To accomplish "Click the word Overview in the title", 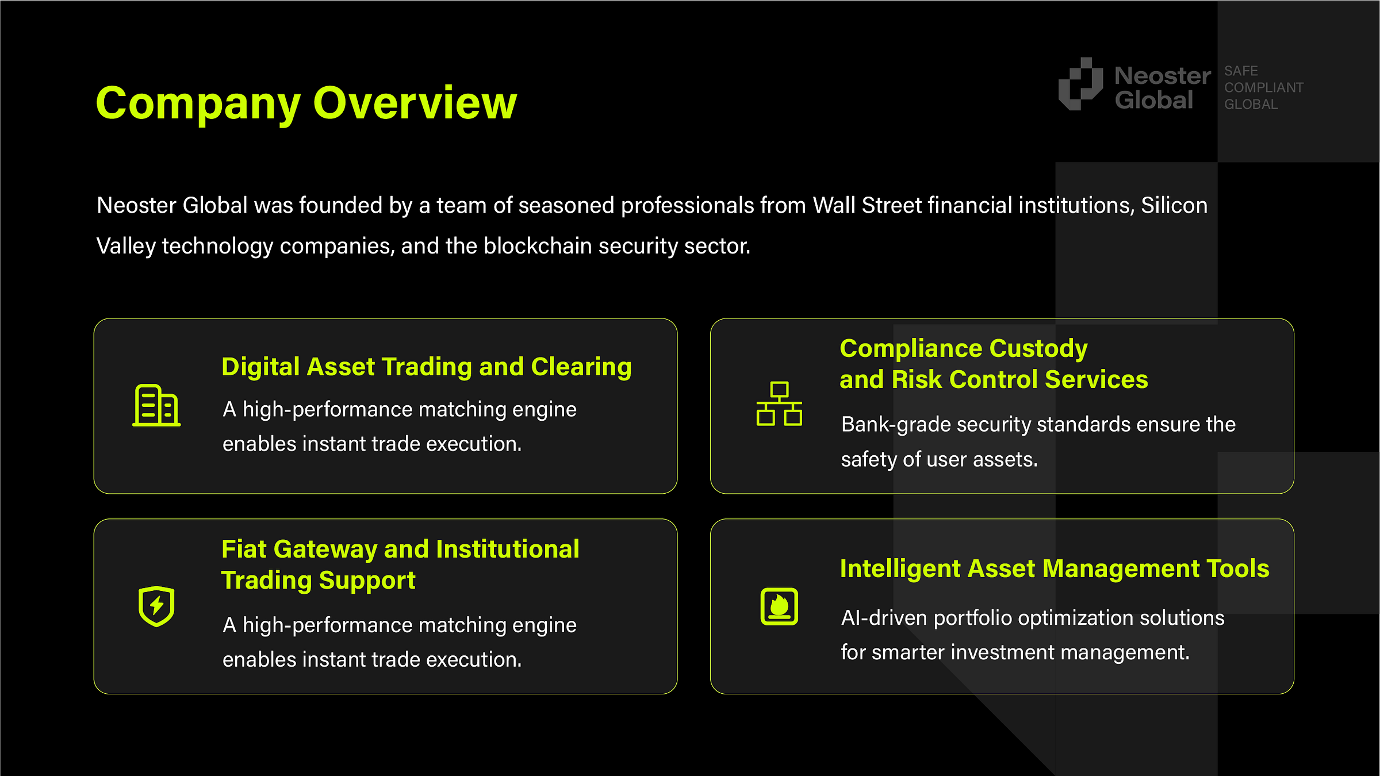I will [415, 103].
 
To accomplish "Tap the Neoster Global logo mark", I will [1080, 84].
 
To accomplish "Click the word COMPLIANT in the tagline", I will [1263, 87].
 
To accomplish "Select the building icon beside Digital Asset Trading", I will [156, 405].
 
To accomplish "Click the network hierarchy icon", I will [779, 404].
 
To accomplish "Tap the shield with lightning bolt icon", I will [156, 606].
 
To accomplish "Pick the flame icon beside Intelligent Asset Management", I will [779, 606].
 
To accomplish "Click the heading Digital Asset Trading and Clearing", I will [426, 367].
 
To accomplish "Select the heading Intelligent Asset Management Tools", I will [1054, 568].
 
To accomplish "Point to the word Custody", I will [1038, 348].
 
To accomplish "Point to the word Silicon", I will [1174, 205].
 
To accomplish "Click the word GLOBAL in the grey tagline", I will [1251, 105].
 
